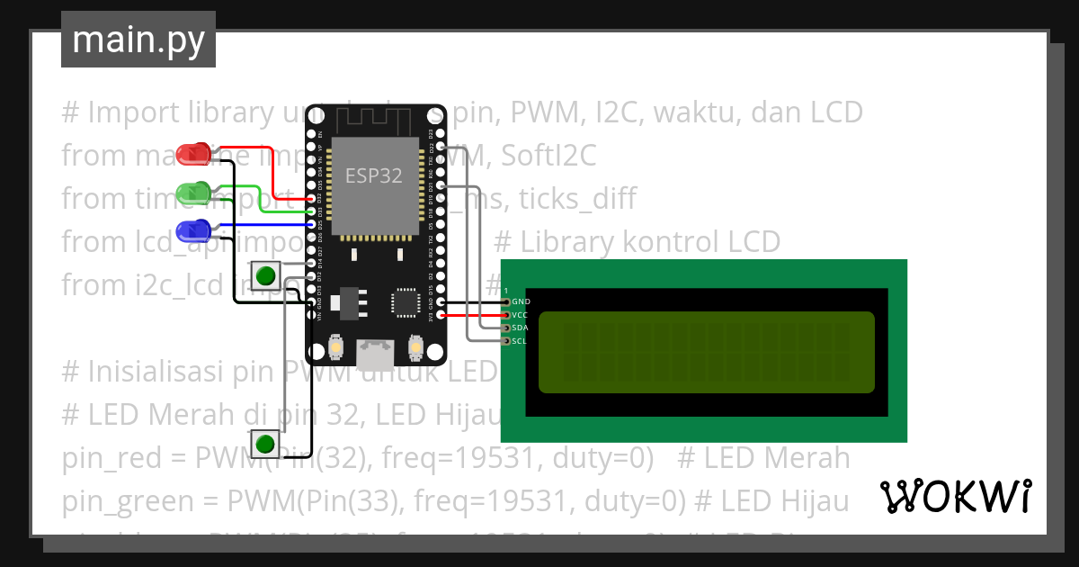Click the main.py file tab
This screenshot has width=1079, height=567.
click(138, 40)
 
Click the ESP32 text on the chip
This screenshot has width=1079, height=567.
click(374, 175)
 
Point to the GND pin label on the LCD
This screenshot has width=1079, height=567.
click(521, 301)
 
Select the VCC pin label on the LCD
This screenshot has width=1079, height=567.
click(521, 315)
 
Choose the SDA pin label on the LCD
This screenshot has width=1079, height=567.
click(521, 328)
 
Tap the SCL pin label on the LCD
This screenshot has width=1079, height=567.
click(521, 341)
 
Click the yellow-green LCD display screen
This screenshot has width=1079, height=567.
click(706, 352)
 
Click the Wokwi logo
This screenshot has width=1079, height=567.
click(955, 496)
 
